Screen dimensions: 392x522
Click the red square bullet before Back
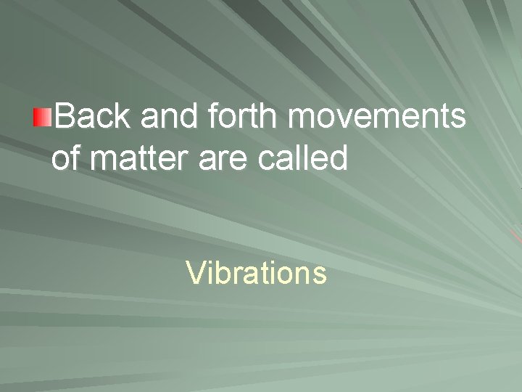(43, 117)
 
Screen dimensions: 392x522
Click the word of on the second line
(66, 158)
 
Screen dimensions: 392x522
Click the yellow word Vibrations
(256, 274)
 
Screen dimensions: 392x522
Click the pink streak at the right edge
(516, 236)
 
